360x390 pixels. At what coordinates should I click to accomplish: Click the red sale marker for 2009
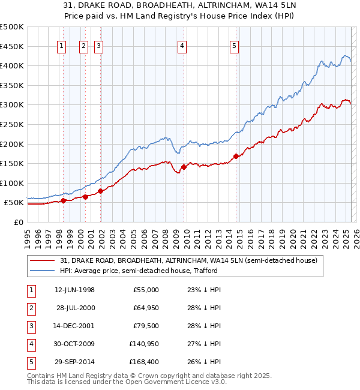pyautogui.click(x=184, y=167)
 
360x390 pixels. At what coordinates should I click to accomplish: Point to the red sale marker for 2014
pyautogui.click(x=236, y=157)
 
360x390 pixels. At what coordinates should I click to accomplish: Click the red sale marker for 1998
pyautogui.click(x=63, y=201)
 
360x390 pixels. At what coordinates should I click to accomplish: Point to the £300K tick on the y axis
pyautogui.click(x=12, y=104)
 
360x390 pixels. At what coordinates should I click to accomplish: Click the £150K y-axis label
pyautogui.click(x=12, y=163)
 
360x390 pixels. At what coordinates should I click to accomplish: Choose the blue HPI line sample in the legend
pyautogui.click(x=43, y=271)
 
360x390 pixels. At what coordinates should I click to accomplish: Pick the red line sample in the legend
pyautogui.click(x=43, y=260)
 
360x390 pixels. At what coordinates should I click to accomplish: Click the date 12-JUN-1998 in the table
pyautogui.click(x=74, y=290)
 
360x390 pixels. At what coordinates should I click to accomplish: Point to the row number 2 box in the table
pyautogui.click(x=31, y=308)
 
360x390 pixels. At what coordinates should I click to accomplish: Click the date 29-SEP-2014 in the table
pyautogui.click(x=74, y=362)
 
